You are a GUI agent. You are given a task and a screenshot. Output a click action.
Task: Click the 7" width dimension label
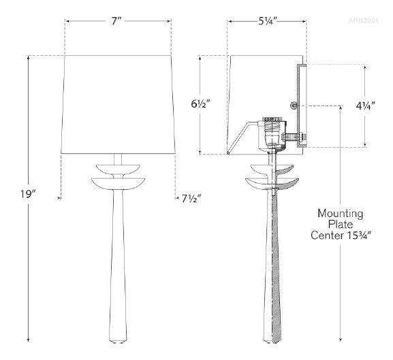coord(116,21)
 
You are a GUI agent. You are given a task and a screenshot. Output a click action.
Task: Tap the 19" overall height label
coord(29,194)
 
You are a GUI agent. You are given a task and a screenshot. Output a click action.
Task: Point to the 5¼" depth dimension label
coord(268,21)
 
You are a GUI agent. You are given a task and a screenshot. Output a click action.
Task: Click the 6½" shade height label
coord(200,103)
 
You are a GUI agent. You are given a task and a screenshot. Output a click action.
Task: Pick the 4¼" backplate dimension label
coord(365,106)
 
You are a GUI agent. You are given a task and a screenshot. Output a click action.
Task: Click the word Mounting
coord(340,214)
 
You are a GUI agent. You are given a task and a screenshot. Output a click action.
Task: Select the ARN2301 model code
coord(363,20)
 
